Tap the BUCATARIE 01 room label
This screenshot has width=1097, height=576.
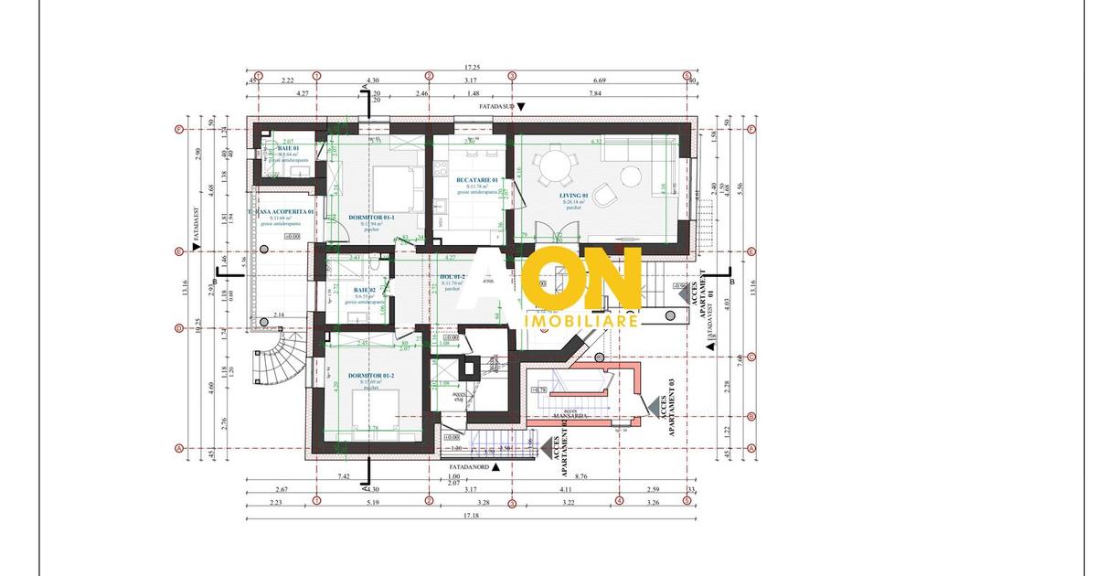point(477,180)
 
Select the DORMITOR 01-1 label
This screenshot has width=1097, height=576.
point(371,218)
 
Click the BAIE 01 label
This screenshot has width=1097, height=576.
point(277,148)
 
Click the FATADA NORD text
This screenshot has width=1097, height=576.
point(467,466)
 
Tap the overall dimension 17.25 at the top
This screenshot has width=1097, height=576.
point(472,68)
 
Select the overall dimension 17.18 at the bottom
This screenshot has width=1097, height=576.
point(471,517)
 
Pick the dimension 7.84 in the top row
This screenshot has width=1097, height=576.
point(595,93)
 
